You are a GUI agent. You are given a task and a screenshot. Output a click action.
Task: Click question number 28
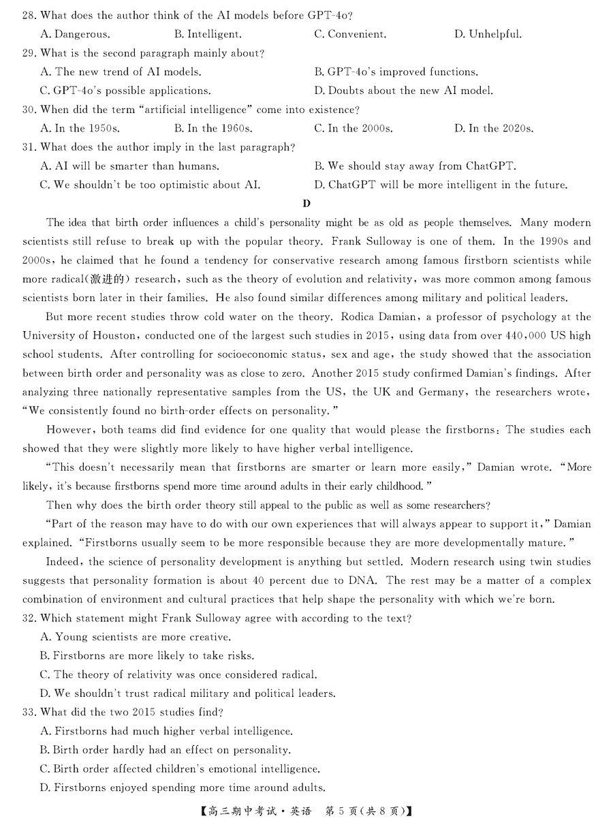pyautogui.click(x=30, y=15)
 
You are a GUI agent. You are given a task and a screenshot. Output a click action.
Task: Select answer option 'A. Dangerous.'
pyautogui.click(x=75, y=34)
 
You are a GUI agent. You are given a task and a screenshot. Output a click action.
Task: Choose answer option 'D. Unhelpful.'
pyautogui.click(x=488, y=34)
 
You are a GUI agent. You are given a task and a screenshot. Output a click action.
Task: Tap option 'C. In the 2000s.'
pyautogui.click(x=353, y=128)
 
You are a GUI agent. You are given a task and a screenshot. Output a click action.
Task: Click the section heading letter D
pyautogui.click(x=306, y=203)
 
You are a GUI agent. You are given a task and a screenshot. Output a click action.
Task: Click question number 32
pyautogui.click(x=30, y=619)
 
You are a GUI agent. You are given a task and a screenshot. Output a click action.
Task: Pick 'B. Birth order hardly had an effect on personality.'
pyautogui.click(x=166, y=750)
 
